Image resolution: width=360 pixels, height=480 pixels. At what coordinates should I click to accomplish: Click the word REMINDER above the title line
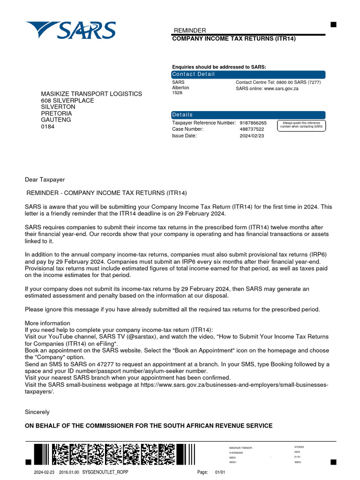point(189,30)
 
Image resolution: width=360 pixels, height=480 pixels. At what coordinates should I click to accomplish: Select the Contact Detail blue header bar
point(248,74)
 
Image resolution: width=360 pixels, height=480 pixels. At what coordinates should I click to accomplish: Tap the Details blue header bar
point(248,115)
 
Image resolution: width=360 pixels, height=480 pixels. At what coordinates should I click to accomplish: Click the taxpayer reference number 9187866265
point(253,123)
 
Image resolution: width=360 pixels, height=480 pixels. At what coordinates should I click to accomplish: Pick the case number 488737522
point(252,129)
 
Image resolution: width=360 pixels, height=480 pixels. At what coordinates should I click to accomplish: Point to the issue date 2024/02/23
point(252,136)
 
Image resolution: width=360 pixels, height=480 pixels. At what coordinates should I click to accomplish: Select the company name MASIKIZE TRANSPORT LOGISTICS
point(91,94)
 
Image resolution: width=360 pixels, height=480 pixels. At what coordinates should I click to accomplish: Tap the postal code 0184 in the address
point(48,127)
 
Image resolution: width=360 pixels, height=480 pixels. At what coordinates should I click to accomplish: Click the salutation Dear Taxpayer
point(45,180)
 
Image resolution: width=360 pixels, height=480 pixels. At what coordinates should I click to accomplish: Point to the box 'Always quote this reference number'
point(301,125)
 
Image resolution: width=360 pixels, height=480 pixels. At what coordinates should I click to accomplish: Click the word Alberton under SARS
point(180,88)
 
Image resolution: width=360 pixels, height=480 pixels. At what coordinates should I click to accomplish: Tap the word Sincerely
point(37,412)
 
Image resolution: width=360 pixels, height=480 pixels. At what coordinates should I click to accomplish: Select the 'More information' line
point(47,323)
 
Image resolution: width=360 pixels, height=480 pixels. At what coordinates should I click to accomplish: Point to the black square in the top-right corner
point(333,25)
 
